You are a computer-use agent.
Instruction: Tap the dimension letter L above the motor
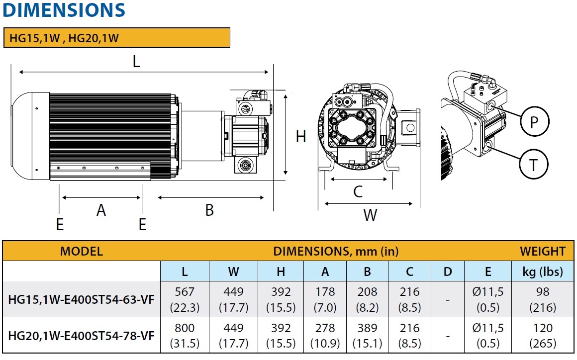click(136, 62)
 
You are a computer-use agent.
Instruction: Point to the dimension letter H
click(301, 136)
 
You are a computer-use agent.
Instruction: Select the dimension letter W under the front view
click(370, 215)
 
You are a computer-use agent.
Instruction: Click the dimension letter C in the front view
click(358, 191)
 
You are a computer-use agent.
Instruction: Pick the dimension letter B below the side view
click(209, 210)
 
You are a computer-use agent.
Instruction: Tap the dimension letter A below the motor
click(101, 210)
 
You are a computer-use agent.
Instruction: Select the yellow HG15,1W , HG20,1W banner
click(117, 38)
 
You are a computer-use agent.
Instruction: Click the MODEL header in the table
click(81, 251)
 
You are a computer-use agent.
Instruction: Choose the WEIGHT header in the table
click(543, 251)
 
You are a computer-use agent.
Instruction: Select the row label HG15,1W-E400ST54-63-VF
click(82, 299)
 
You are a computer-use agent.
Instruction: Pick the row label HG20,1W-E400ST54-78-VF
click(82, 336)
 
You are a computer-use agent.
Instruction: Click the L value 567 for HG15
click(185, 292)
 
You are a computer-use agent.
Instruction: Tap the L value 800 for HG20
click(185, 328)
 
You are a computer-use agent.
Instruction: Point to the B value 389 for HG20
click(368, 328)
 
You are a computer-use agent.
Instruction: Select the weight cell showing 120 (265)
click(543, 336)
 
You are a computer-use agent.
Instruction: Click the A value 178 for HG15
click(325, 292)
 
